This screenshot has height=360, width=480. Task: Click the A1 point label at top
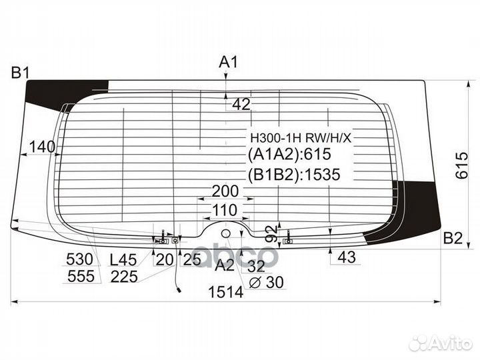(x=229, y=63)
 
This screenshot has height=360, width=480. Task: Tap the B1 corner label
(x=19, y=73)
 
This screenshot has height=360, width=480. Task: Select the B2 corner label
(x=453, y=238)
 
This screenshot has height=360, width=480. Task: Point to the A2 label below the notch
(x=225, y=265)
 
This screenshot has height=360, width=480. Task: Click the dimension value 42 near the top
(x=241, y=104)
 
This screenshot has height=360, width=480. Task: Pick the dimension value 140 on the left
(x=42, y=147)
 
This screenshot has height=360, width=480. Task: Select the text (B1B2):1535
(x=293, y=175)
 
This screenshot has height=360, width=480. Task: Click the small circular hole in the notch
(x=225, y=233)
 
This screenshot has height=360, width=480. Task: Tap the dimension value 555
(x=80, y=277)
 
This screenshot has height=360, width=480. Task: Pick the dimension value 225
(x=124, y=277)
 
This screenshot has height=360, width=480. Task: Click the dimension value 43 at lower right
(x=347, y=257)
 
